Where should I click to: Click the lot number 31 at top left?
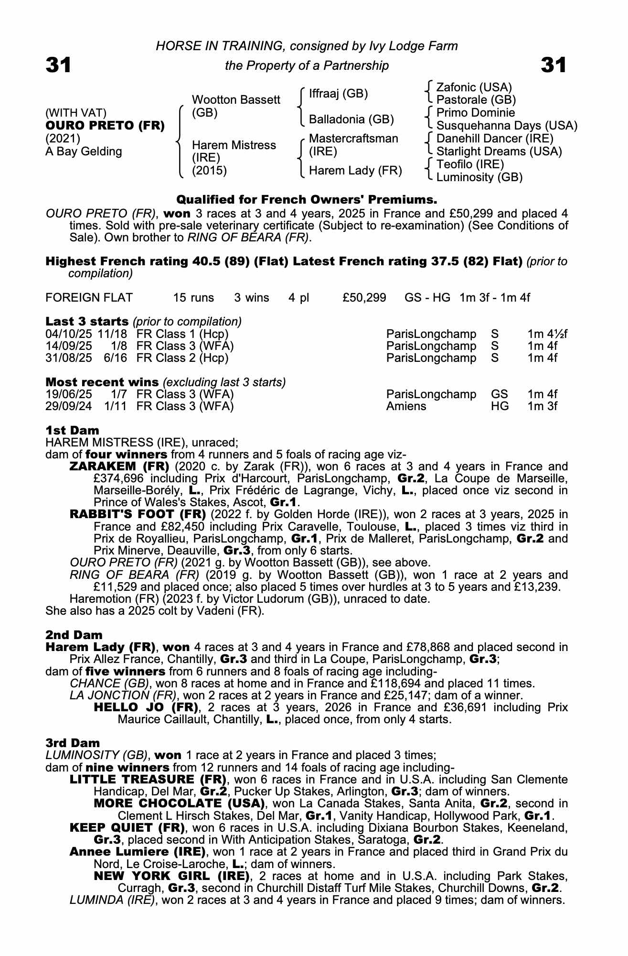click(58, 65)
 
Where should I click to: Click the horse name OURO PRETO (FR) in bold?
click(105, 126)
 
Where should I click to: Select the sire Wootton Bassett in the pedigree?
click(235, 100)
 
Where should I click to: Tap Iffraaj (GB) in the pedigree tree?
click(338, 94)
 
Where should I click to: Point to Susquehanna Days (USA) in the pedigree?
click(507, 126)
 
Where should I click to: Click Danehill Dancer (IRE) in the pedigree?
click(495, 139)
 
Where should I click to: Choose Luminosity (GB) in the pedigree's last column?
click(479, 177)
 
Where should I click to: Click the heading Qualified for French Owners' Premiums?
click(307, 199)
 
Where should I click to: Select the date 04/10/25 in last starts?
click(69, 334)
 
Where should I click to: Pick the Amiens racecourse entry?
click(406, 406)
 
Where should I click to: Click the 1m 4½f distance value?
click(547, 334)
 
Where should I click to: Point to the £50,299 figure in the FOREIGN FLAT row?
click(364, 298)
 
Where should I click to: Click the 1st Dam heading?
click(72, 430)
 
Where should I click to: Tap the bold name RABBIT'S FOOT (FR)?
click(138, 515)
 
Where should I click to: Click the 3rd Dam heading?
click(73, 743)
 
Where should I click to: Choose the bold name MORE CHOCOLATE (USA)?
click(179, 804)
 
